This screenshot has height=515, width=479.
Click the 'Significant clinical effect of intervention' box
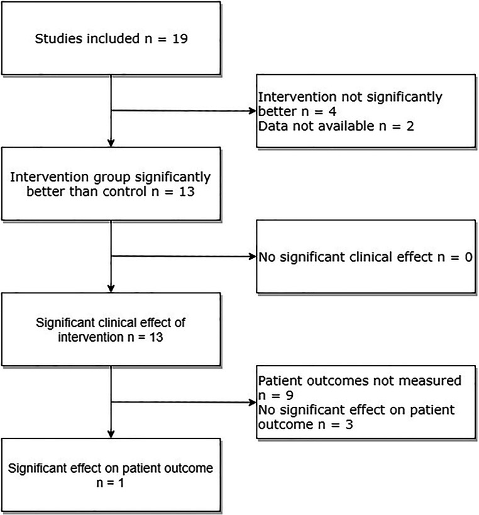click(x=111, y=330)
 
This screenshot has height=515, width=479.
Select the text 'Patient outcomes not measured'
click(x=360, y=381)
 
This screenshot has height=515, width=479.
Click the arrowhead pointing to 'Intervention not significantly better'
click(x=251, y=111)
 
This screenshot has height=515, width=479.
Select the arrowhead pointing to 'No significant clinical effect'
click(x=251, y=256)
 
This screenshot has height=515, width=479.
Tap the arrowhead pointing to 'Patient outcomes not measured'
click(x=251, y=401)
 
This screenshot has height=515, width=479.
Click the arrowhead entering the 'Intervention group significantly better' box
click(x=111, y=143)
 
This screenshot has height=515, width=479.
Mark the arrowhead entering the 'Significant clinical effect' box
click(x=111, y=288)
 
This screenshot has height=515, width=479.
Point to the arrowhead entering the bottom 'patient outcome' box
click(x=111, y=435)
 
